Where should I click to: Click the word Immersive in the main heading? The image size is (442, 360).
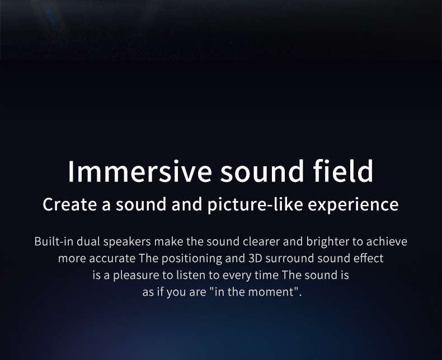(x=139, y=171)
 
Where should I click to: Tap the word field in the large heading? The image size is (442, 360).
(x=343, y=171)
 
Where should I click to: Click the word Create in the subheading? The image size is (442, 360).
(x=69, y=204)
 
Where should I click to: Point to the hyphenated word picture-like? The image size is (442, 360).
(x=255, y=205)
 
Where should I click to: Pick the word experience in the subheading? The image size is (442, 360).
(x=353, y=205)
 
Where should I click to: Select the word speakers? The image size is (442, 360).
(x=127, y=242)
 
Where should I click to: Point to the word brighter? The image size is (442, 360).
(x=328, y=242)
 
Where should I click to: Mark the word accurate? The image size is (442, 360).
(x=112, y=259)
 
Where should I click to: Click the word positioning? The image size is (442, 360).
(x=192, y=259)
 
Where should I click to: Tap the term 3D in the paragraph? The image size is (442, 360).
(x=253, y=259)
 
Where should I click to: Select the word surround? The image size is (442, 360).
(x=289, y=259)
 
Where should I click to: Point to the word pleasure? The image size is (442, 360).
(x=136, y=275)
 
